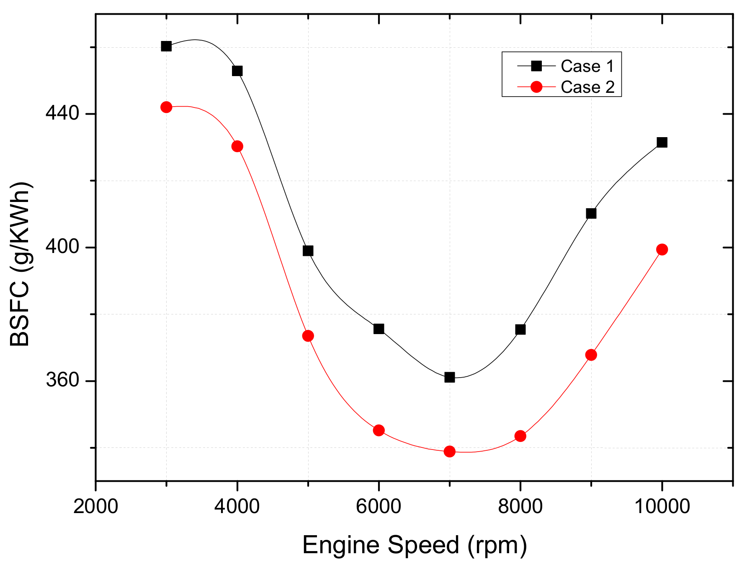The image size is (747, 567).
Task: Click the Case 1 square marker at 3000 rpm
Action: [x=166, y=46]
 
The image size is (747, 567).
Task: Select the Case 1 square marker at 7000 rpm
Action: [x=449, y=377]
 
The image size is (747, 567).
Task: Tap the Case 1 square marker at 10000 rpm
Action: [x=662, y=142]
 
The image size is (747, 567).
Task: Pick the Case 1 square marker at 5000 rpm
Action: [x=308, y=250]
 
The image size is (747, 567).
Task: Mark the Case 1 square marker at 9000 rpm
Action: [x=591, y=213]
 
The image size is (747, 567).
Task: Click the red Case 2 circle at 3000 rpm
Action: [x=166, y=107]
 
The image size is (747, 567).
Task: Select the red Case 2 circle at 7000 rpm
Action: [x=449, y=451]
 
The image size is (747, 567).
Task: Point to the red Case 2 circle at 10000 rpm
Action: [x=662, y=249]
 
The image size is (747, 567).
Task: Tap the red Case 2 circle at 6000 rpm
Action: [x=379, y=430]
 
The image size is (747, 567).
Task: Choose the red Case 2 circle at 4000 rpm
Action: [x=237, y=146]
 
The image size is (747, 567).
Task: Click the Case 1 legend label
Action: [x=587, y=66]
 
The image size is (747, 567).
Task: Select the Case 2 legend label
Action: [x=587, y=87]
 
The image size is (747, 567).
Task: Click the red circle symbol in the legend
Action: [x=536, y=87]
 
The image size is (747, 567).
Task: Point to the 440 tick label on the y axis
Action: [x=62, y=113]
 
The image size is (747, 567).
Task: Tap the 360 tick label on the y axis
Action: [x=62, y=381]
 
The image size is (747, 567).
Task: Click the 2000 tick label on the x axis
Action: [x=95, y=506]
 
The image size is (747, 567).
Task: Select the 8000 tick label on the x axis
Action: [x=520, y=506]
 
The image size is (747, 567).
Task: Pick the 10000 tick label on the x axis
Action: [x=662, y=506]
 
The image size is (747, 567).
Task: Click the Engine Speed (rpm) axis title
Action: [x=414, y=545]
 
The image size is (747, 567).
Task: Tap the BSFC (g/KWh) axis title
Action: [x=20, y=264]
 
